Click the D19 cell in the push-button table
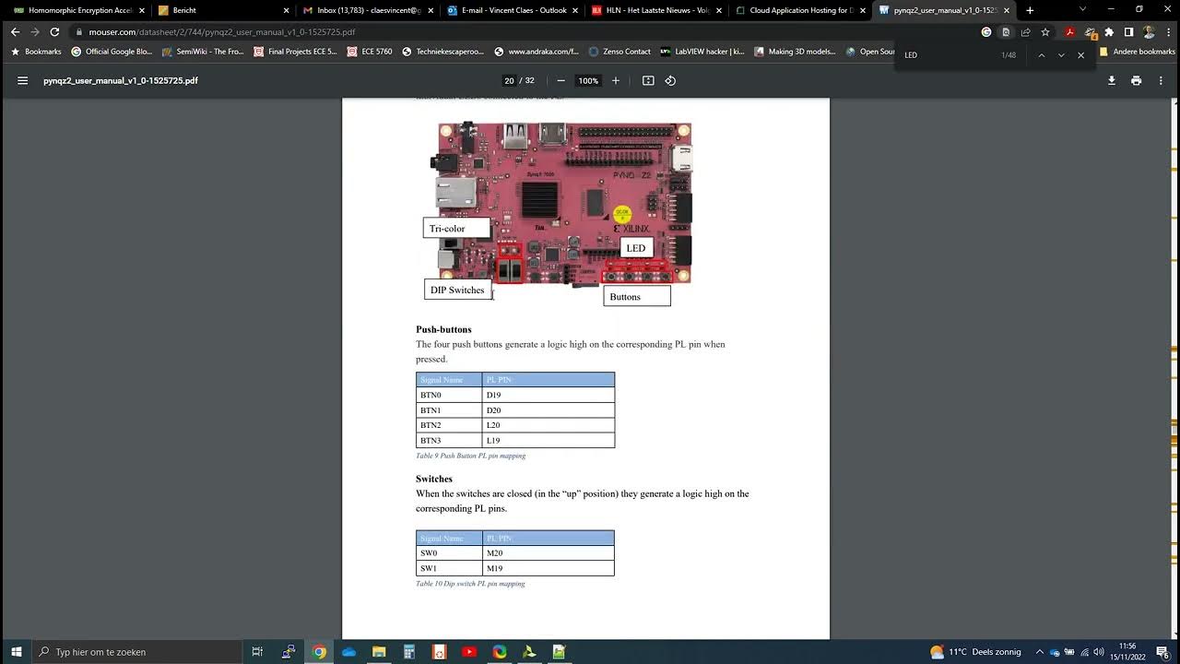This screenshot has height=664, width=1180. click(x=494, y=395)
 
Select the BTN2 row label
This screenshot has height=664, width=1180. click(x=431, y=425)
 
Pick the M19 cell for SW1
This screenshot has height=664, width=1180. click(x=495, y=568)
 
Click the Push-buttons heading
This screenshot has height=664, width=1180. click(x=443, y=329)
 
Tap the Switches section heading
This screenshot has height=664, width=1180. click(x=433, y=479)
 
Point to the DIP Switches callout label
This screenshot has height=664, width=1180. click(x=457, y=290)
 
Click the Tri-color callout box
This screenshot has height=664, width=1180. click(x=447, y=229)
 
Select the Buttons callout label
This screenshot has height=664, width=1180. click(x=625, y=297)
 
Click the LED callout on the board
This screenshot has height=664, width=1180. click(x=636, y=248)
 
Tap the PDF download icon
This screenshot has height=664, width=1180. click(x=1112, y=81)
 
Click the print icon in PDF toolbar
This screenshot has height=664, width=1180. click(x=1136, y=81)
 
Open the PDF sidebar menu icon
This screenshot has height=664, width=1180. click(x=22, y=81)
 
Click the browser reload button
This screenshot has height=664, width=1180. click(x=54, y=31)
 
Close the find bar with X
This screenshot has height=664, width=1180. click(x=1081, y=55)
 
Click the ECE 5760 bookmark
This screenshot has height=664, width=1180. click(x=370, y=52)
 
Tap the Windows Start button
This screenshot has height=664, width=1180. click(x=16, y=652)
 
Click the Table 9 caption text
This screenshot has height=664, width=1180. click(x=470, y=456)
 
